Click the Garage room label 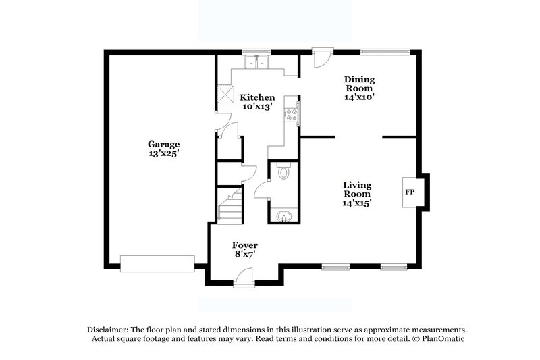[x=164, y=144]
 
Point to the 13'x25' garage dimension [x=164, y=154]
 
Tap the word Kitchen [x=256, y=97]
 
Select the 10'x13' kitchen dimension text [x=256, y=107]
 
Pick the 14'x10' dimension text [x=360, y=97]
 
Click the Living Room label [x=358, y=189]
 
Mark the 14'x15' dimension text [x=358, y=202]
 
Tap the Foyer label [x=244, y=245]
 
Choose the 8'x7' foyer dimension [x=244, y=255]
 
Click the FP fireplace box [x=409, y=191]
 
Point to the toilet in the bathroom [x=283, y=173]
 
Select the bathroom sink [x=283, y=217]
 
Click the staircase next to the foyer [x=229, y=205]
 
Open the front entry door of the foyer [x=243, y=278]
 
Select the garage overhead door [x=157, y=263]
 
